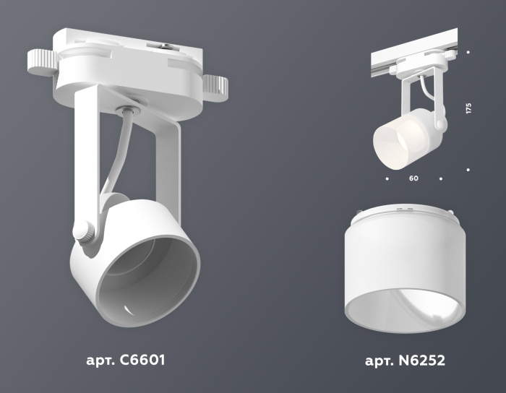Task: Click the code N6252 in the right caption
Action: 419,360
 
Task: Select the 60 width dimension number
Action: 413,177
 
